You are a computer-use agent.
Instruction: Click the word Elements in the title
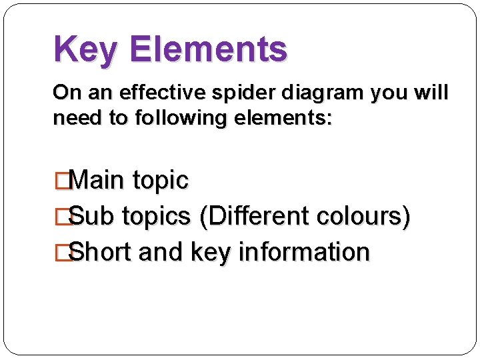coord(209,49)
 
